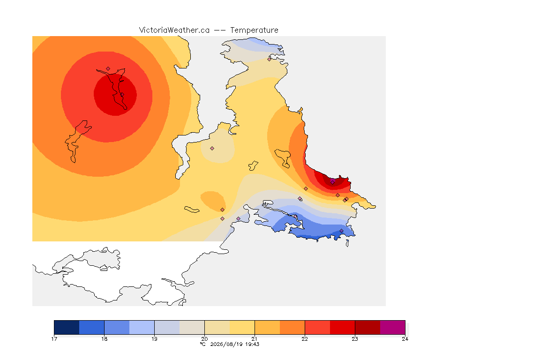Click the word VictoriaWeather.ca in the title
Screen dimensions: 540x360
(x=174, y=30)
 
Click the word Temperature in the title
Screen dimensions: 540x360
(x=254, y=30)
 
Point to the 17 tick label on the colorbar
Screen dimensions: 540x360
(x=54, y=339)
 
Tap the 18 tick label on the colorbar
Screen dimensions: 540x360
(x=105, y=339)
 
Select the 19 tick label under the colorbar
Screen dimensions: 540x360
(x=154, y=339)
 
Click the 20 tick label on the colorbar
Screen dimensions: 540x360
(x=204, y=339)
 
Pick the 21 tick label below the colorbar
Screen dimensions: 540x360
(x=255, y=339)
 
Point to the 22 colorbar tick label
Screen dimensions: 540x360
(x=305, y=339)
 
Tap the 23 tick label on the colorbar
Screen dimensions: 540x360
(x=355, y=339)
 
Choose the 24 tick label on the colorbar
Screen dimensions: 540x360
(x=405, y=339)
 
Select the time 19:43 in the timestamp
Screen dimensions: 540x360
(x=252, y=344)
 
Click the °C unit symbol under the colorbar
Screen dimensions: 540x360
(x=203, y=344)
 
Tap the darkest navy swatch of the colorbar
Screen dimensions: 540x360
(x=67, y=327)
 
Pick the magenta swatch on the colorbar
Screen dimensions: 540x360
(x=393, y=327)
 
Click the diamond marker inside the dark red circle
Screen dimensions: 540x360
(x=122, y=94)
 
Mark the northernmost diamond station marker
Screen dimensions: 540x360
(x=270, y=59)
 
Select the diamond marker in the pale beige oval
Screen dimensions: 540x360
(x=212, y=149)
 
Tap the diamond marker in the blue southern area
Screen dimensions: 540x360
(x=341, y=231)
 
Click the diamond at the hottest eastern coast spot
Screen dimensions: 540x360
(x=332, y=181)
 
